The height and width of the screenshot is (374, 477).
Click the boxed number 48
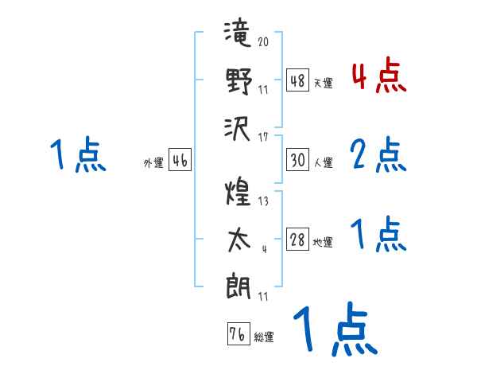298,80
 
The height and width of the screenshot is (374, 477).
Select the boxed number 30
298,160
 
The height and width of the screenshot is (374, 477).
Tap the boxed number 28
298,240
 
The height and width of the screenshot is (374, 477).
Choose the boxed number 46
180,160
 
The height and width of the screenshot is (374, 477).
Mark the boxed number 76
237,333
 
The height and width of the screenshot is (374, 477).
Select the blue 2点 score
378,156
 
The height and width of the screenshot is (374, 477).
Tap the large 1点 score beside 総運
334,328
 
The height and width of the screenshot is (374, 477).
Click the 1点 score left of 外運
78,154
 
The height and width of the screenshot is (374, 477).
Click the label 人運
323,163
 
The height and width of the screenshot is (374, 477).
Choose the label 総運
264,337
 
